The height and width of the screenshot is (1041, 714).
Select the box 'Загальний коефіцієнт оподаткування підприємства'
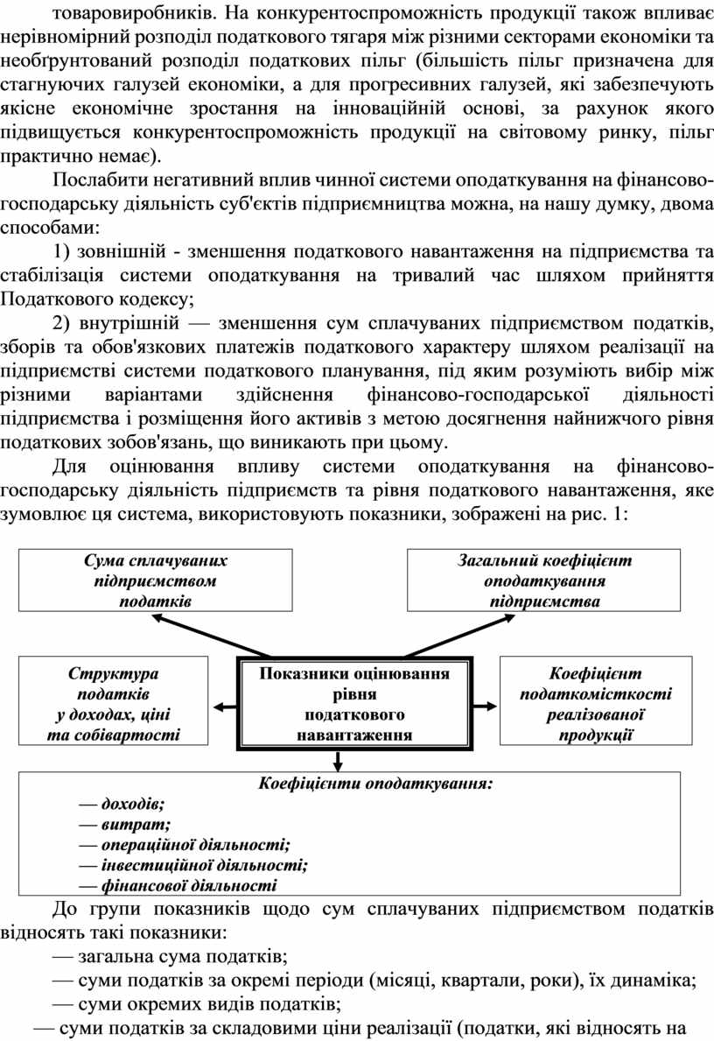[x=543, y=580]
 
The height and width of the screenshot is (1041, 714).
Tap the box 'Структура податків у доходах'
[x=113, y=704]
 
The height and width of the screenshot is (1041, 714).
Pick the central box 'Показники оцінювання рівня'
[x=354, y=704]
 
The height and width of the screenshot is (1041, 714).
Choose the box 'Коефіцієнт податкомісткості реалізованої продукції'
[x=595, y=704]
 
